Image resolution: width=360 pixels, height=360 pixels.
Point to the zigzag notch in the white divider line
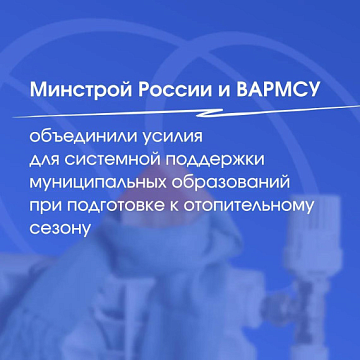point(210,112)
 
